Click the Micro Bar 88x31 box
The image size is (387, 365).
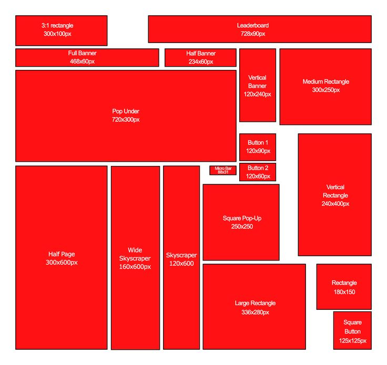click(x=223, y=170)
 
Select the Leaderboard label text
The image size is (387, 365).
click(x=253, y=25)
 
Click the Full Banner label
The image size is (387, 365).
click(x=82, y=53)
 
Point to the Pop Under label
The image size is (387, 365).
click(x=126, y=111)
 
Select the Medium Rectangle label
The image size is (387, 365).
click(x=326, y=81)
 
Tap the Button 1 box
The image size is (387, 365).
click(x=258, y=147)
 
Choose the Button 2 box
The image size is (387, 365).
click(x=258, y=172)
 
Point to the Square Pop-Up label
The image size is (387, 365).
click(x=242, y=218)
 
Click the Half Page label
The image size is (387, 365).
click(x=62, y=254)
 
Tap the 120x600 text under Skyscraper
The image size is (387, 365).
click(x=181, y=264)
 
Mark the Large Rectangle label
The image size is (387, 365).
click(x=255, y=303)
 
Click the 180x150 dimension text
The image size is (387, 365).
click(x=344, y=292)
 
